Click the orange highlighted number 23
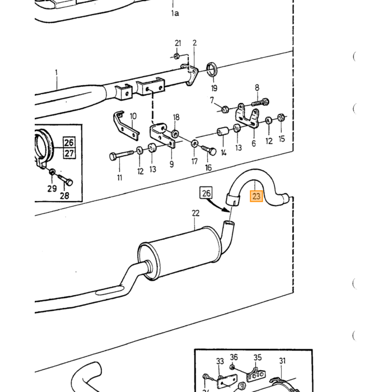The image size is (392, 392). tap(256, 196)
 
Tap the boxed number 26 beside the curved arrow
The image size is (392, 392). tap(206, 193)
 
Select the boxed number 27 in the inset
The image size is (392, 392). tap(69, 153)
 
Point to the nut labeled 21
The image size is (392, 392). tap(176, 56)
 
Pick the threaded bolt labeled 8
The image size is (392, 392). tap(260, 102)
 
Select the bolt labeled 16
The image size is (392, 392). tap(209, 150)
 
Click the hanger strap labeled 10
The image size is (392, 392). tap(125, 126)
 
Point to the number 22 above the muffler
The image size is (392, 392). tap(196, 213)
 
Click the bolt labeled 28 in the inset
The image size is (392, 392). tap(66, 179)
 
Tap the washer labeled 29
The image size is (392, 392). tap(52, 172)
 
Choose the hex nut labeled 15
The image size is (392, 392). tap(281, 117)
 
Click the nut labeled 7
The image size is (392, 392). tap(225, 109)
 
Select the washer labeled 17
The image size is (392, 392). tap(194, 144)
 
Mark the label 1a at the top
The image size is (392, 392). tap(175, 13)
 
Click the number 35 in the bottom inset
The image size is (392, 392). tap(258, 357)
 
